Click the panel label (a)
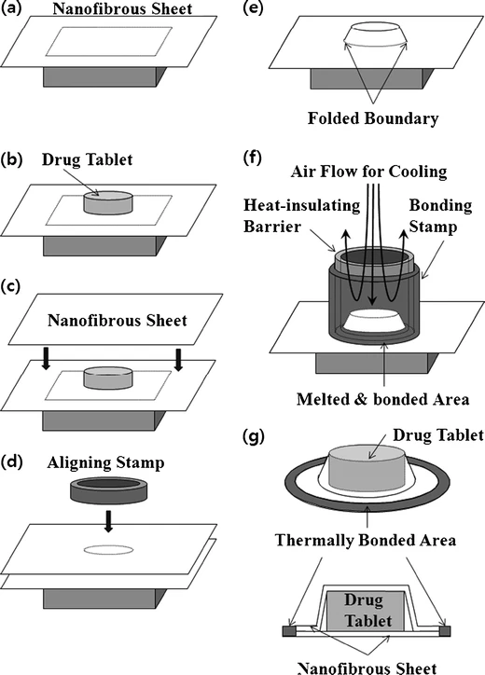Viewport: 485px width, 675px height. tap(11, 8)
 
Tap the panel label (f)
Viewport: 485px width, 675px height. tap(252, 158)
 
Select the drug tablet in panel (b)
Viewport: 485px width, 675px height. tap(108, 202)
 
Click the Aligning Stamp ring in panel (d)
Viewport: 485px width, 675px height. tap(107, 489)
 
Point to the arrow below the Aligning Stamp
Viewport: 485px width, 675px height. tap(108, 520)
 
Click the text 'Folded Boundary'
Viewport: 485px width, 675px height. tap(373, 118)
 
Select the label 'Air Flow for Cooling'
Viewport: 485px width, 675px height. tap(368, 172)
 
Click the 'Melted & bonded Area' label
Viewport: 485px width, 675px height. tap(383, 399)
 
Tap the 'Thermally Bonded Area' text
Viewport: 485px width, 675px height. tap(366, 540)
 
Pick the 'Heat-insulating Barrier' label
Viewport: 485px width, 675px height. tap(301, 215)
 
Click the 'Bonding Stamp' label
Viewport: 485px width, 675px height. tap(440, 215)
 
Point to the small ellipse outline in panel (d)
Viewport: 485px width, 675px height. tap(108, 550)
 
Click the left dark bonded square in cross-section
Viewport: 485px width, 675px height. tap(287, 631)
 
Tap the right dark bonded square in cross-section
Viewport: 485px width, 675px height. tap(445, 631)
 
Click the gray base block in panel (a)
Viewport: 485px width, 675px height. tap(104, 76)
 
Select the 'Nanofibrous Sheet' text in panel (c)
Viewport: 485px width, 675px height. tap(118, 321)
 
